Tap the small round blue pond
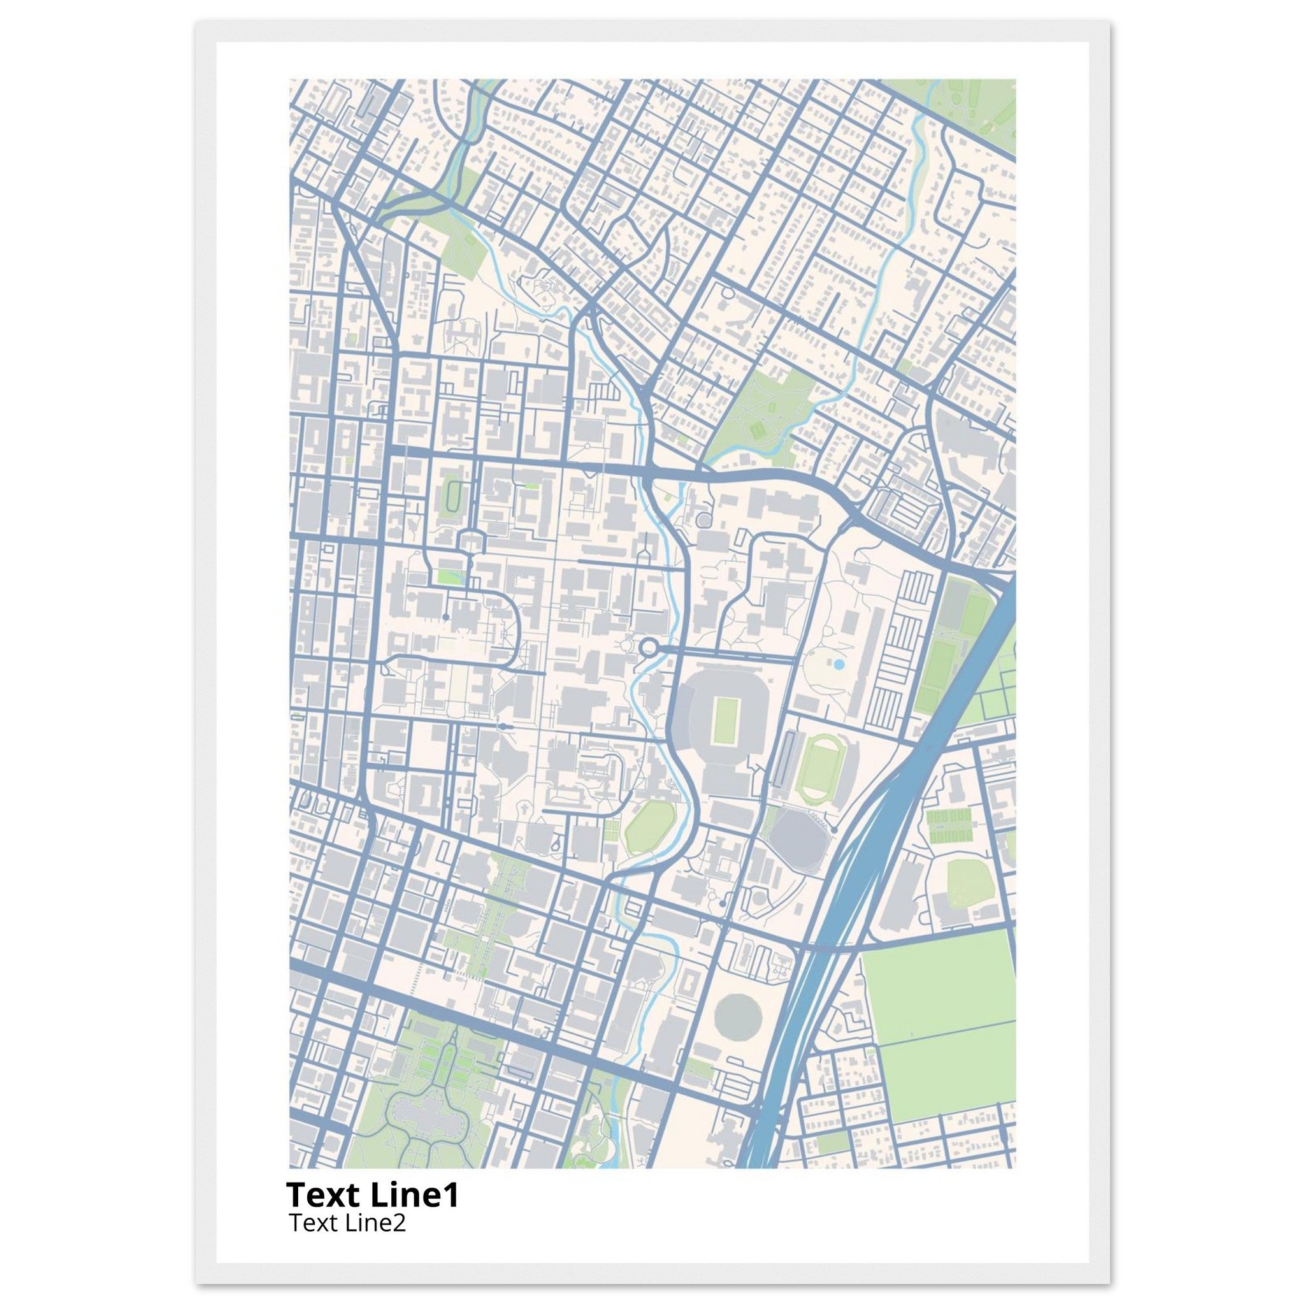coord(839,665)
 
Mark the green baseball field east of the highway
coord(970,884)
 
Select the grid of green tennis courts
coord(949,826)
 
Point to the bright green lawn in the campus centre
coord(446,576)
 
